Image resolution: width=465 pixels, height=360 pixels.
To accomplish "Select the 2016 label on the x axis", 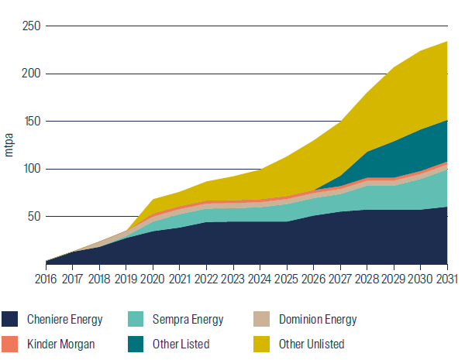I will [x=46, y=277].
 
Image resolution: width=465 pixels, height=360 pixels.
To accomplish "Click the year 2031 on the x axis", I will [x=447, y=277].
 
